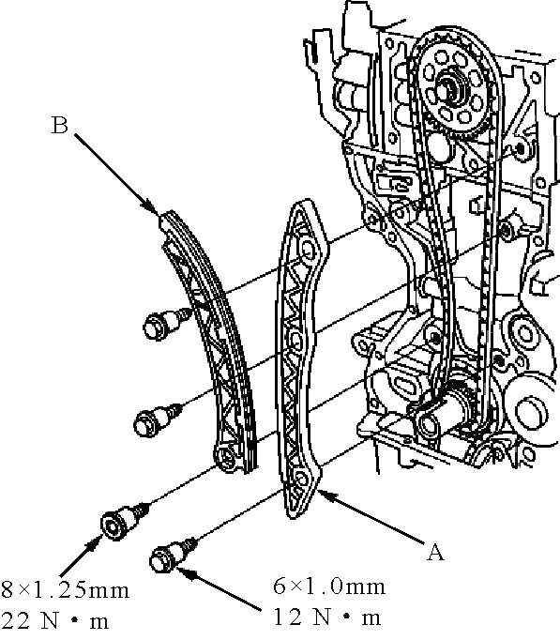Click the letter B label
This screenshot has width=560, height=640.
[x=59, y=126]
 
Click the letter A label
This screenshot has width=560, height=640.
[x=435, y=552]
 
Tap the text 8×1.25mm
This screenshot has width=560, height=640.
[x=65, y=590]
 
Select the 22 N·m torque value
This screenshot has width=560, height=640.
[x=55, y=621]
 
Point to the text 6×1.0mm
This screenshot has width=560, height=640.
[x=329, y=587]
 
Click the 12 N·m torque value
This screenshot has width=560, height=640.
[x=326, y=617]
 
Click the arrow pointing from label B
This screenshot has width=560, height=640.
[x=115, y=174]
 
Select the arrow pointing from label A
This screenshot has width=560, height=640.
[x=371, y=515]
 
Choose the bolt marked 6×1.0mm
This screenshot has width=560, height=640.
[x=173, y=555]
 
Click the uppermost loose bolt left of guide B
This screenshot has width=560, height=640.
[x=168, y=324]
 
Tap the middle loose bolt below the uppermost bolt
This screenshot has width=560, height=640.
[x=158, y=419]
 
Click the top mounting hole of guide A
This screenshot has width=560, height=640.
[x=308, y=251]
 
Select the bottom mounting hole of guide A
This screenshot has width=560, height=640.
[x=301, y=479]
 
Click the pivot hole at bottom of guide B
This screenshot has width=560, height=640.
[x=225, y=458]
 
